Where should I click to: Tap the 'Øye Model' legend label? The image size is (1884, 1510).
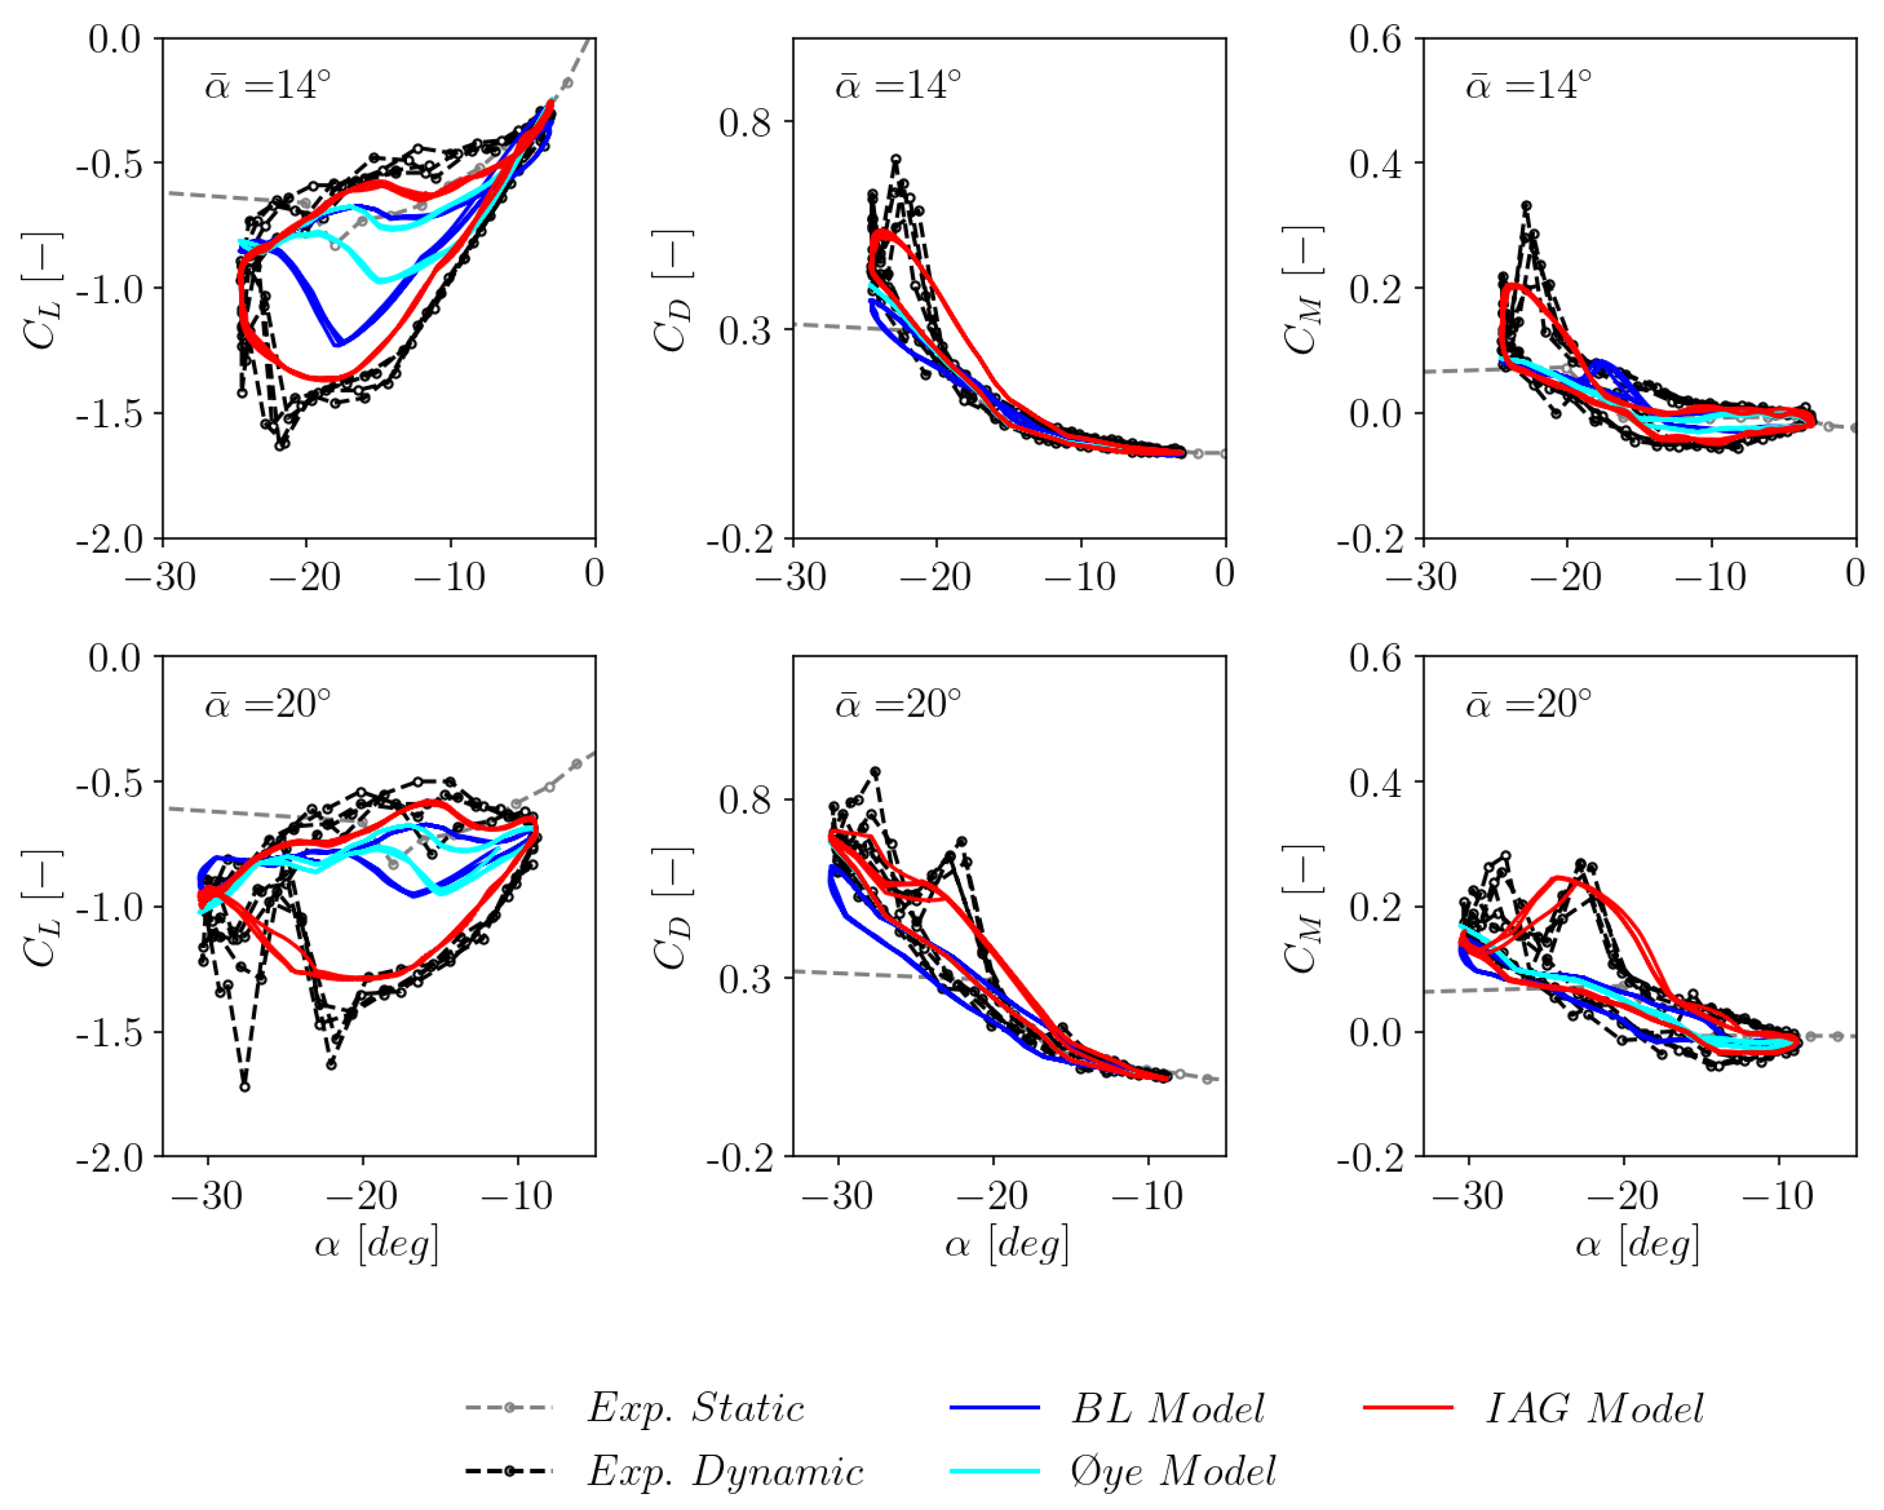pyautogui.click(x=1173, y=1471)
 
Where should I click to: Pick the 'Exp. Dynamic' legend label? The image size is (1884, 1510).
pyautogui.click(x=726, y=1471)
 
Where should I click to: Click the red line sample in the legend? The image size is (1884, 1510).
pyautogui.click(x=1408, y=1408)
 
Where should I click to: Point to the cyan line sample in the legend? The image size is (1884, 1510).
pyautogui.click(x=995, y=1471)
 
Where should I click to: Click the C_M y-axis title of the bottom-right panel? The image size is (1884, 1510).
pyautogui.click(x=1304, y=909)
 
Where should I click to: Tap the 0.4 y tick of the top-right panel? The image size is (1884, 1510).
pyautogui.click(x=1375, y=163)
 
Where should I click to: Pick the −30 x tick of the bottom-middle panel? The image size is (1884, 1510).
pyautogui.click(x=837, y=1195)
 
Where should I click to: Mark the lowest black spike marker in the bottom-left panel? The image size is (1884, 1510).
pyautogui.click(x=245, y=1087)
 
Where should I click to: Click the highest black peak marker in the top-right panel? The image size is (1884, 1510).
pyautogui.click(x=1526, y=205)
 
